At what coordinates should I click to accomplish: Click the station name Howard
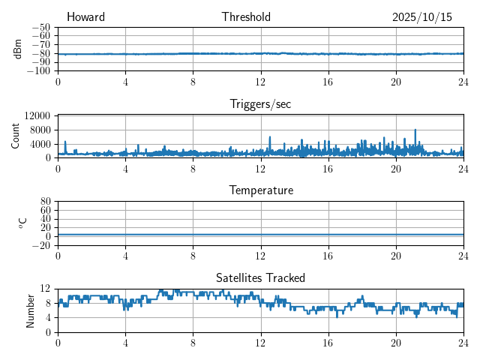pyautogui.click(x=85, y=17)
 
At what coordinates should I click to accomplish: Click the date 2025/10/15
pyautogui.click(x=421, y=17)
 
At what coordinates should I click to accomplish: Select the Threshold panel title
pyautogui.click(x=246, y=17)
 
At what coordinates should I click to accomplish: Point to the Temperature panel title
pyautogui.click(x=260, y=190)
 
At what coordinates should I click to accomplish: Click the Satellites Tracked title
pyautogui.click(x=260, y=277)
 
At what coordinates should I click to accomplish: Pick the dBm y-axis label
pyautogui.click(x=18, y=49)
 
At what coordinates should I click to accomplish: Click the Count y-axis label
pyautogui.click(x=16, y=136)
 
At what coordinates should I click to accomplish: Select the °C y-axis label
pyautogui.click(x=23, y=223)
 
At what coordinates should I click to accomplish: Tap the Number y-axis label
pyautogui.click(x=31, y=310)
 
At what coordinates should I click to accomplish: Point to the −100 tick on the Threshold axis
pyautogui.click(x=40, y=71)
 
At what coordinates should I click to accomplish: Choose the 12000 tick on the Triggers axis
pyautogui.click(x=37, y=115)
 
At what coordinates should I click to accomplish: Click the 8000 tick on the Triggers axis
pyautogui.click(x=40, y=129)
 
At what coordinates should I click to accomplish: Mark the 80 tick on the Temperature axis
pyautogui.click(x=46, y=202)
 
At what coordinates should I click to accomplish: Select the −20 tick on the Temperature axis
pyautogui.click(x=42, y=245)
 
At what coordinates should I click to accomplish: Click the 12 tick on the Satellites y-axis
pyautogui.click(x=46, y=289)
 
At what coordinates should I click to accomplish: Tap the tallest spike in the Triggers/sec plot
pyautogui.click(x=415, y=130)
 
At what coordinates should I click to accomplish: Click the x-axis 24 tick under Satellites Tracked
pyautogui.click(x=463, y=341)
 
